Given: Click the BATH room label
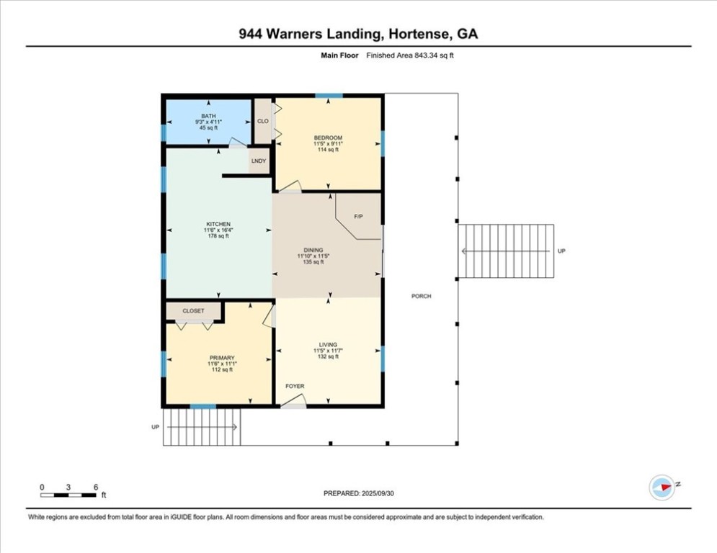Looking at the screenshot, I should [208, 116].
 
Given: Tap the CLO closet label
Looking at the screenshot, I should [263, 121].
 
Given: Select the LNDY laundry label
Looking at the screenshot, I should [259, 161].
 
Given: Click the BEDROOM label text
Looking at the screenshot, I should [328, 138].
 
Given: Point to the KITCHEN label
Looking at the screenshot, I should [218, 224].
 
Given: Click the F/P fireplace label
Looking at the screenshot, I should [358, 217].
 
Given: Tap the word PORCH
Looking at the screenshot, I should [421, 296].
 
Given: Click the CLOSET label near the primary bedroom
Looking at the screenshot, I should [193, 311].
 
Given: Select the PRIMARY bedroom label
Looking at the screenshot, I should [222, 358].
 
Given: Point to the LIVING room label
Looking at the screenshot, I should [328, 345].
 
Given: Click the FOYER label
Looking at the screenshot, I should [295, 387].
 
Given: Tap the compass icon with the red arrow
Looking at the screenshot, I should [662, 487].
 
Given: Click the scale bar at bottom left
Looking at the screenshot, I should [68, 495].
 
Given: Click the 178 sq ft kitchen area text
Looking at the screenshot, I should [218, 236].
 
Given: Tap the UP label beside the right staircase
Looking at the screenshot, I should [561, 251].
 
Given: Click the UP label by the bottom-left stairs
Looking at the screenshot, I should [155, 427].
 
